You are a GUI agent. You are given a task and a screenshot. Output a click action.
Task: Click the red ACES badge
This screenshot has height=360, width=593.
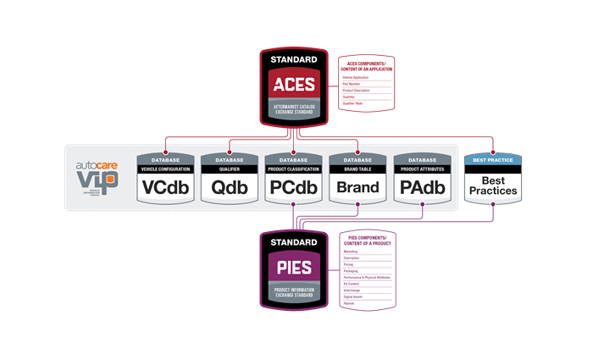click(293, 84)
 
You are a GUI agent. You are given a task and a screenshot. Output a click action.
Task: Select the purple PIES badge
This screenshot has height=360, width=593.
click(293, 269)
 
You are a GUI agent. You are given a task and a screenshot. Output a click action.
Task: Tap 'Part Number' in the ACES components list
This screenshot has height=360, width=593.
click(355, 83)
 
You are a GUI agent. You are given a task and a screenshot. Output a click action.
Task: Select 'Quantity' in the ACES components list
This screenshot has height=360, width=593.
click(350, 96)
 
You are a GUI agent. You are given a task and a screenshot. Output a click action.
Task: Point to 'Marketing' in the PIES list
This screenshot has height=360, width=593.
click(352, 252)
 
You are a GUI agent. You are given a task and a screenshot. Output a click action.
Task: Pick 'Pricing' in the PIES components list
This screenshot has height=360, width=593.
click(350, 265)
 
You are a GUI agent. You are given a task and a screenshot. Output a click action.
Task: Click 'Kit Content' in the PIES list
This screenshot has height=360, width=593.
click(353, 284)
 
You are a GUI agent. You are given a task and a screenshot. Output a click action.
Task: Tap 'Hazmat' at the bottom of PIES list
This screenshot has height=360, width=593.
click(350, 302)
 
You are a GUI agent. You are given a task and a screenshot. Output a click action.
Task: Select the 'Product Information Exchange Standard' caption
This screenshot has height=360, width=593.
click(293, 291)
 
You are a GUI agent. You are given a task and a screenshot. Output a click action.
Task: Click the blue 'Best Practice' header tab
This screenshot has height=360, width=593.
click(493, 158)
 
